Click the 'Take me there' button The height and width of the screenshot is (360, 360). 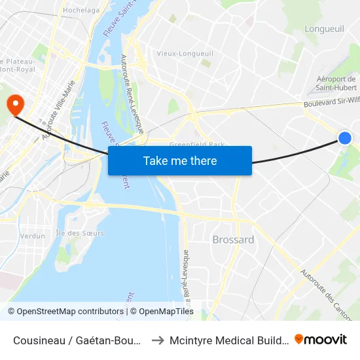180,160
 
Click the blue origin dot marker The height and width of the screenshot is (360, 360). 345,137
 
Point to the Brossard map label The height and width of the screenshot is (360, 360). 233,240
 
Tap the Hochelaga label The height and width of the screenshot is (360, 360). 81,10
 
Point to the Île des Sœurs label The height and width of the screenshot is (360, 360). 80,233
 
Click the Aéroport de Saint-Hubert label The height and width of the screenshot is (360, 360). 336,83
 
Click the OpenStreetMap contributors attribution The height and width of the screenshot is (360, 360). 65,312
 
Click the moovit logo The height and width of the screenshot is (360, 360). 321,339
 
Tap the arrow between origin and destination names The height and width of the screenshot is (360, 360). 157,340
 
